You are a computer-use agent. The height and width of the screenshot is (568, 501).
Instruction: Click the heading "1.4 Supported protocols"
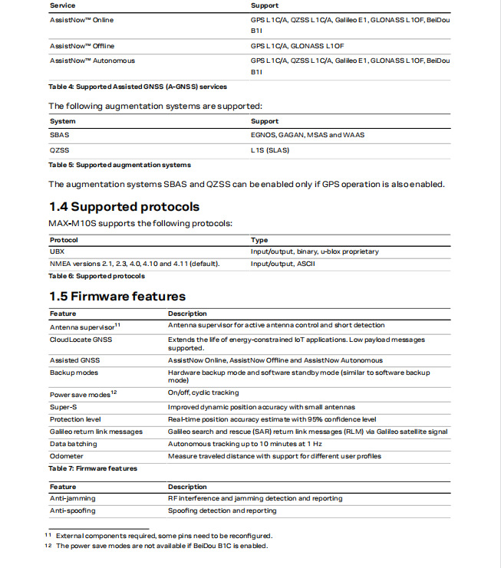[x=124, y=207]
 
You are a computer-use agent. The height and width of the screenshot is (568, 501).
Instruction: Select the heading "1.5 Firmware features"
[x=117, y=297]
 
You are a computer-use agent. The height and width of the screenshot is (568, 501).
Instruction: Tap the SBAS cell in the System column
[x=59, y=135]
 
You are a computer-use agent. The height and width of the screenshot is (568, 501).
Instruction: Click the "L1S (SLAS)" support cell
[x=269, y=150]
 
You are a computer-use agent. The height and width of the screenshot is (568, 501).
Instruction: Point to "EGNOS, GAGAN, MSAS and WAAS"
[x=308, y=135]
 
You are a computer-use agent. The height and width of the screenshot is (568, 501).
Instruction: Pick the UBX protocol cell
[x=57, y=251]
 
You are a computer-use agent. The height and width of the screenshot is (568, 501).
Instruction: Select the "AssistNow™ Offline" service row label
[x=82, y=46]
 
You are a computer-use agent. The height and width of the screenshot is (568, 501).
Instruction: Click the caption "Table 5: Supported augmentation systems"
[x=119, y=165]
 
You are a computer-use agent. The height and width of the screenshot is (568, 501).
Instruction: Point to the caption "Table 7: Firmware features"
[x=93, y=468]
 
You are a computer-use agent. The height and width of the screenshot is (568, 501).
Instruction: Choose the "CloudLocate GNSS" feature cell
[x=81, y=340]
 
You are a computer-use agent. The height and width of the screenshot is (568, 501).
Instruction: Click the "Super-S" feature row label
[x=64, y=408]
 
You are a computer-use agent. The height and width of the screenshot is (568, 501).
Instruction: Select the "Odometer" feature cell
[x=67, y=456]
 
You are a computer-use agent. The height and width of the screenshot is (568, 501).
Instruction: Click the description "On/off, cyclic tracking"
[x=203, y=393]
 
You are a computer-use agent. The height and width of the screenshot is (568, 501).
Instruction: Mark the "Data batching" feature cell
[x=74, y=444]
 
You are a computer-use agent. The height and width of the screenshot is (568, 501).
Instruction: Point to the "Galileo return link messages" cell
[x=96, y=432]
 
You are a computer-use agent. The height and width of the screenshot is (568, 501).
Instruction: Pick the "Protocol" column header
[x=64, y=240]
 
